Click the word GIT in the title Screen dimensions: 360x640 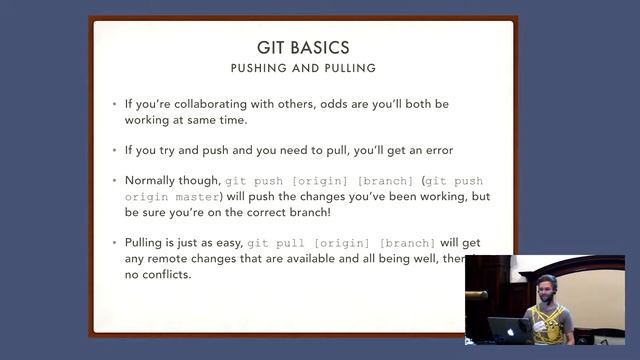pyautogui.click(x=272, y=47)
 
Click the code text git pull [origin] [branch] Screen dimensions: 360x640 pyautogui.click(x=341, y=243)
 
